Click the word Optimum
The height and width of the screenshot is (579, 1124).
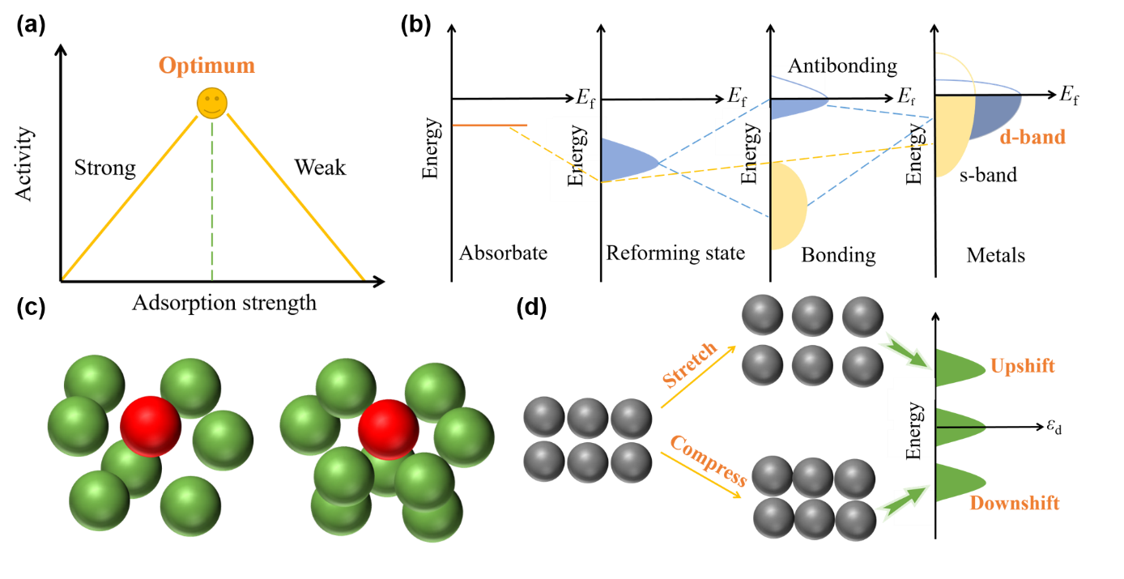[206, 66]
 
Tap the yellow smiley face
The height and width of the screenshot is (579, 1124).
[212, 104]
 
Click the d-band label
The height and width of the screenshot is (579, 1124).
[1032, 137]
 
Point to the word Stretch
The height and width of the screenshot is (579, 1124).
[690, 364]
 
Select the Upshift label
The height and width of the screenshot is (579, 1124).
[1022, 366]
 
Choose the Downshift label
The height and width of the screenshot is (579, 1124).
[1014, 504]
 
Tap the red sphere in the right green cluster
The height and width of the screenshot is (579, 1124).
[388, 428]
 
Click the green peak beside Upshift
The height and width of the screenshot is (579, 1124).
[960, 368]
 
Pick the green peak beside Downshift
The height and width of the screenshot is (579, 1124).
[960, 483]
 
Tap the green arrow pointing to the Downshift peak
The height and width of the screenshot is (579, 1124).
[903, 504]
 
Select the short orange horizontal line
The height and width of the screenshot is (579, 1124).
[490, 126]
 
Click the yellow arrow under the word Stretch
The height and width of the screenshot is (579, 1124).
[698, 377]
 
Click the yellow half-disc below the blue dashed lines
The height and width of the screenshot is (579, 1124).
[787, 206]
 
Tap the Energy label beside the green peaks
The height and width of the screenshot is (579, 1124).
[913, 429]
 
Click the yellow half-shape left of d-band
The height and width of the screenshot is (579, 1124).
[952, 136]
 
